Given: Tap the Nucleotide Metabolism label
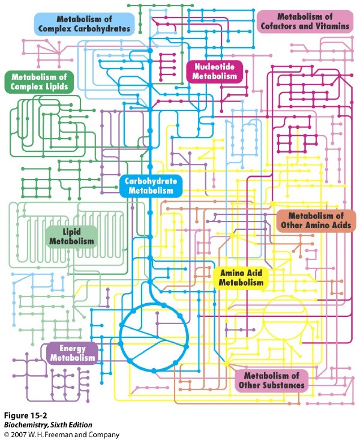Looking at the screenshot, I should coord(214,71).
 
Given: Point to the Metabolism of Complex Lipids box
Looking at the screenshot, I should coord(40,82).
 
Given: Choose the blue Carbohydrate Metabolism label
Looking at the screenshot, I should coord(150,185).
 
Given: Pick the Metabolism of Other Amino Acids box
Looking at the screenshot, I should coord(316,220).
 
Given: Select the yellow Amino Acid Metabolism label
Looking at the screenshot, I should coord(241,277).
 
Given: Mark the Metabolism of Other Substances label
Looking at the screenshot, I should coord(272,380).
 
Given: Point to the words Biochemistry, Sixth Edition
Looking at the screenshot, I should coord(48,425).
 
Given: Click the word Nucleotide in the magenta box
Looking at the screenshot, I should coord(214,66).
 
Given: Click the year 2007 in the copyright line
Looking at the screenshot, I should coord(19,435).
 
